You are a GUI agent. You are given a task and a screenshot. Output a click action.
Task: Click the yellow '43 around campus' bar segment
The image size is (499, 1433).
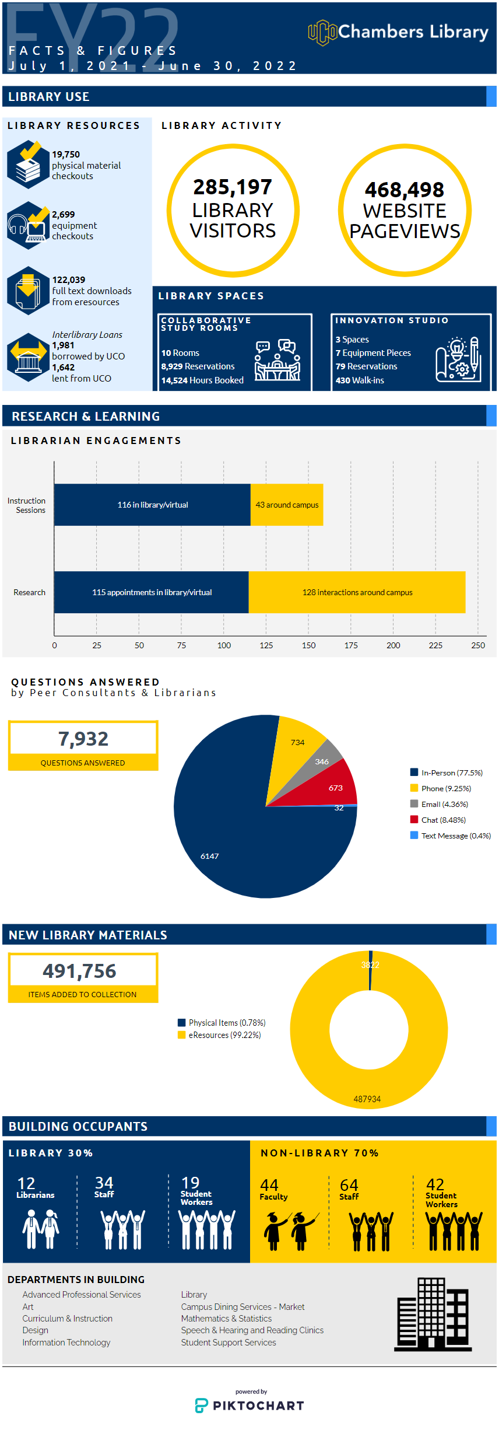(x=287, y=505)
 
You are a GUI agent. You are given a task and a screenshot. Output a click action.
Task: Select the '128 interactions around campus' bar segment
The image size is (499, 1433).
(x=357, y=592)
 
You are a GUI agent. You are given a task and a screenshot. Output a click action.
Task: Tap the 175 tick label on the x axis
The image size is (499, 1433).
(x=351, y=645)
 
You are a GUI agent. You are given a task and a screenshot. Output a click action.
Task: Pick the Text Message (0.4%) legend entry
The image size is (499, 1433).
(x=451, y=836)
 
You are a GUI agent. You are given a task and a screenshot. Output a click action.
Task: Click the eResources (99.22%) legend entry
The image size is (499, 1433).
(x=219, y=1035)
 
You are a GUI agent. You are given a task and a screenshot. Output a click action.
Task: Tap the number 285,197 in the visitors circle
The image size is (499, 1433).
(x=233, y=187)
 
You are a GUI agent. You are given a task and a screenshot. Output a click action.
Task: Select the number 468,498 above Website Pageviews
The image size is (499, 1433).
(x=405, y=190)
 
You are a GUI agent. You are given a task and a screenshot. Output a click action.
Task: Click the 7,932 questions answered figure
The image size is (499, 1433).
(x=83, y=739)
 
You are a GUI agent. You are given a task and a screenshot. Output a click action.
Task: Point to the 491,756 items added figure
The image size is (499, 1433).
(x=79, y=971)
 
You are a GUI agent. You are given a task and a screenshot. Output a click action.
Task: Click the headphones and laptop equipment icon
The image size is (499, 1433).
(x=28, y=226)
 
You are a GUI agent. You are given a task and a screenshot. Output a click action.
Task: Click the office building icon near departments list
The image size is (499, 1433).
(x=433, y=1314)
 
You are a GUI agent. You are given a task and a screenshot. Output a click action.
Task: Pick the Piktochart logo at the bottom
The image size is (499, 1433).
(x=250, y=1404)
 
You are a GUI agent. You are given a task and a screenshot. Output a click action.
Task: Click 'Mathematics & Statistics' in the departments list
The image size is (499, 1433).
(x=226, y=1319)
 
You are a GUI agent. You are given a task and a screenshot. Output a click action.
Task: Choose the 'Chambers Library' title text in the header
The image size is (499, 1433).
(x=413, y=32)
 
